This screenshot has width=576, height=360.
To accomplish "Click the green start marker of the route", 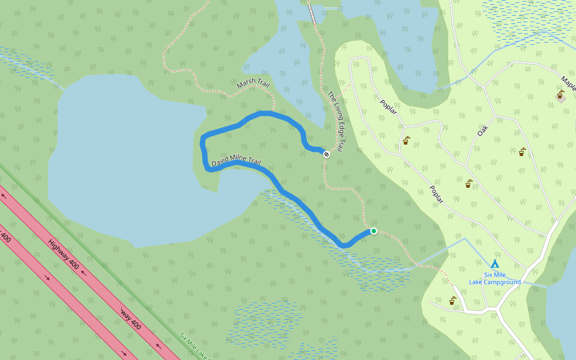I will click(x=373, y=231).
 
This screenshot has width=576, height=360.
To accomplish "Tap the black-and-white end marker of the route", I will click(x=326, y=154).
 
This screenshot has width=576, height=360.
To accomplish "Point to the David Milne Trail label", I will click(x=236, y=162).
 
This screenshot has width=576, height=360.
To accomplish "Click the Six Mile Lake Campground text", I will click(x=495, y=278).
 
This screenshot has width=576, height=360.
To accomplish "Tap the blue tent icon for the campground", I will click(x=495, y=263).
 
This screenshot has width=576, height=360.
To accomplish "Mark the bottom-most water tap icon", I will click(x=452, y=301).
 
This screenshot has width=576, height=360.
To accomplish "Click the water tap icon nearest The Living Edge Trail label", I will click(x=406, y=140).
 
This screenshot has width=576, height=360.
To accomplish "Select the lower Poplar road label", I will click(x=436, y=194).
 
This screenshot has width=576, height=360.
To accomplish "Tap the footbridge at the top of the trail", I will click(x=312, y=14).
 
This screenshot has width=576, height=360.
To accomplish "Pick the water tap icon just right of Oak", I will click(x=523, y=152).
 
